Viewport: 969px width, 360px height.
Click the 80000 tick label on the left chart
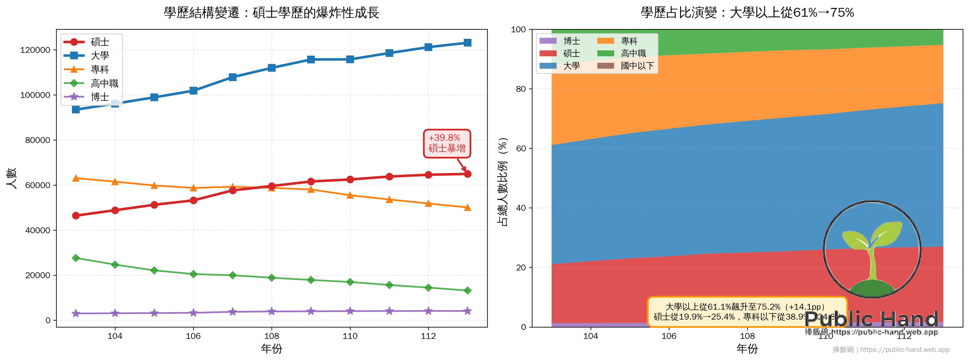pyautogui.click(x=38, y=140)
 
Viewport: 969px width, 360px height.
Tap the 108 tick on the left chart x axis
pyautogui.click(x=272, y=336)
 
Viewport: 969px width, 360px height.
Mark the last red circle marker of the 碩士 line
pyautogui.click(x=468, y=174)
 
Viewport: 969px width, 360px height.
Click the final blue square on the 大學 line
pyautogui.click(x=468, y=42)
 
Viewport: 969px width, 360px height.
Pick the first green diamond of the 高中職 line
pyautogui.click(x=76, y=258)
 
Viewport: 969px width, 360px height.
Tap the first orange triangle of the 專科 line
pyautogui.click(x=76, y=178)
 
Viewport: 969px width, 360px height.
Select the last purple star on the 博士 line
pyautogui.click(x=468, y=311)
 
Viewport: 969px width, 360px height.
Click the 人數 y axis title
pyautogui.click(x=12, y=178)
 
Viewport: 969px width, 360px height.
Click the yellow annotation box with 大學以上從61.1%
pyautogui.click(x=747, y=311)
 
